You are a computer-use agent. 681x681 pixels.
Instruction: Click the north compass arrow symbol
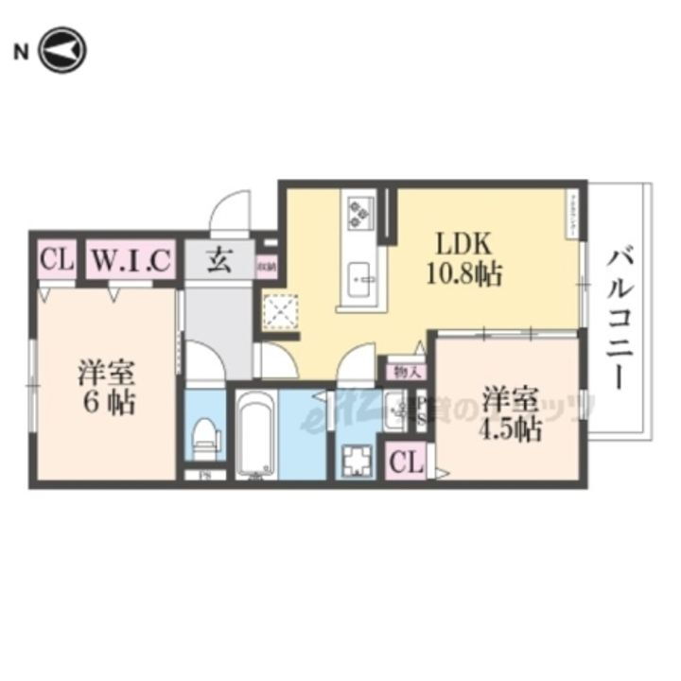[x=63, y=50]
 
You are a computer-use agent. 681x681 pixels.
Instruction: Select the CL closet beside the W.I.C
[x=56, y=259]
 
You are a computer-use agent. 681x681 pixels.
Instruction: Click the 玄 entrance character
[x=219, y=259]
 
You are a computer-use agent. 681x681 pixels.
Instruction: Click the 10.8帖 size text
[x=463, y=276]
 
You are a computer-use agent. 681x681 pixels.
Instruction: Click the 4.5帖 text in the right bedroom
[x=511, y=430]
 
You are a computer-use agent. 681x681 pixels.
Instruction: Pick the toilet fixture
[x=202, y=438]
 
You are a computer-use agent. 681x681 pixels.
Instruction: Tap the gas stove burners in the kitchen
[x=359, y=212]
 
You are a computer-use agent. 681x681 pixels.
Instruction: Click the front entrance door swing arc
[x=231, y=210]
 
